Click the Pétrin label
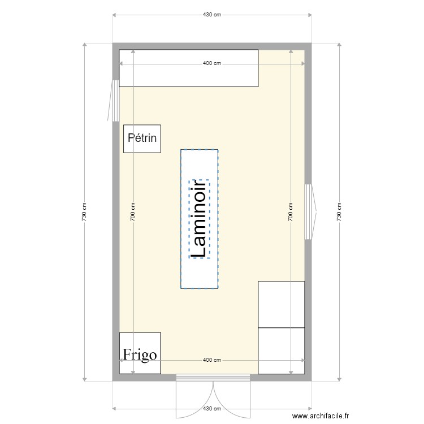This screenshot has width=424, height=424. coord(142,137)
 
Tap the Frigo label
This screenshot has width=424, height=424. coord(140,354)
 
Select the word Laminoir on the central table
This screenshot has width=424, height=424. coord(199,219)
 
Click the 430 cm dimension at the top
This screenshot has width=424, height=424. coord(211,14)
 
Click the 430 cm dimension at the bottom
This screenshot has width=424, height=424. coord(211,408)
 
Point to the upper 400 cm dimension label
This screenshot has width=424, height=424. coord(211,63)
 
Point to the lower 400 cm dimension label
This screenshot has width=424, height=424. coord(211,360)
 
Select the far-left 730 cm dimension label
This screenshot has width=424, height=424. coord(84,211)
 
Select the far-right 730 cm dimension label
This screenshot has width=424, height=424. coord(339,211)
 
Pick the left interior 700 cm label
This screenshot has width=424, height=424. coord(133,211)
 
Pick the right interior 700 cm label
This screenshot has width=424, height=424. coord(291,211)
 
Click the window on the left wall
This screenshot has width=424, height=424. coord(115,100)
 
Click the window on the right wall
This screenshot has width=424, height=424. coord(309,211)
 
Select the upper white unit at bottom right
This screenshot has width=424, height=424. coord(281,304)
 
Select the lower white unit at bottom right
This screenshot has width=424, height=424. coord(281,351)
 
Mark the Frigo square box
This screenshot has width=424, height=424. coord(140,343)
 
